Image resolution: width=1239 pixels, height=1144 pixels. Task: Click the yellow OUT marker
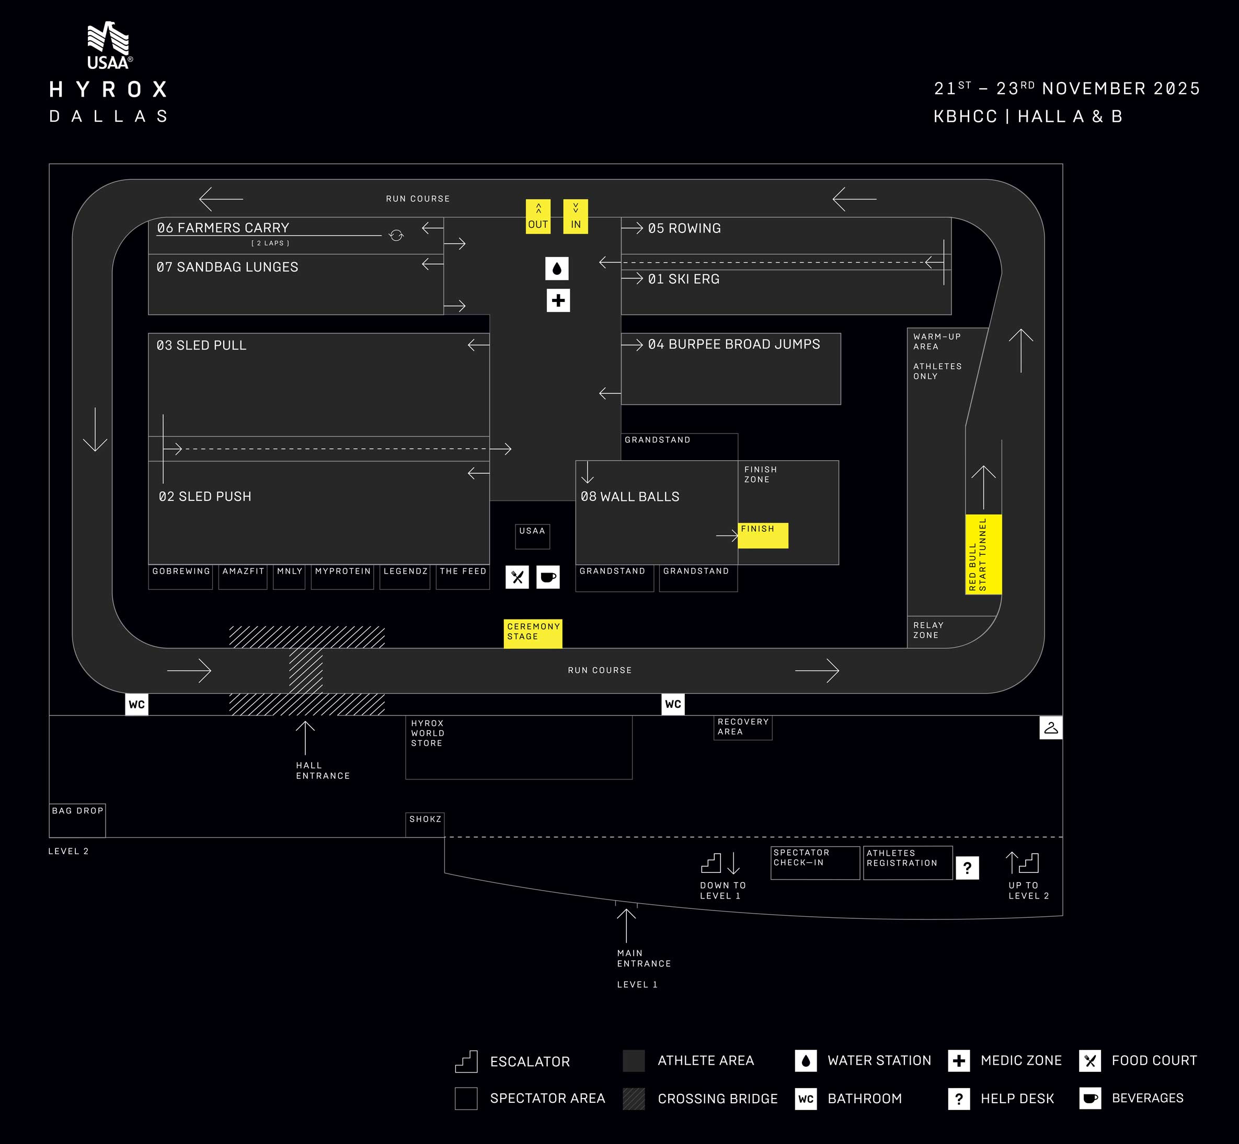tap(538, 217)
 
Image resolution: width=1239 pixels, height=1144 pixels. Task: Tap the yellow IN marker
tap(576, 217)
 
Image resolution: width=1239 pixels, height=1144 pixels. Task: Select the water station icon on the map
tap(557, 269)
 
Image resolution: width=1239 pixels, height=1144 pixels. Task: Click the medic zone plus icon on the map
tap(558, 301)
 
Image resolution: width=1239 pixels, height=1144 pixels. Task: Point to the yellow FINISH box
tap(763, 535)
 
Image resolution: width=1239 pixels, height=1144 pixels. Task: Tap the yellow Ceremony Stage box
tap(533, 633)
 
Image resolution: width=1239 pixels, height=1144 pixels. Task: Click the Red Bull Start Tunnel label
tap(983, 554)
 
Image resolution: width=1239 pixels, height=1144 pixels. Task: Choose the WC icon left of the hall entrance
tap(136, 705)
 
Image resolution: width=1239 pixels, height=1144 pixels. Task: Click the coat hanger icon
tap(1051, 728)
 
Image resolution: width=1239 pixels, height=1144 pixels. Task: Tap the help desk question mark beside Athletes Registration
tap(967, 868)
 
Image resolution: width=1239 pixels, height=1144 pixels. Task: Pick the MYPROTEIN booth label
tap(342, 571)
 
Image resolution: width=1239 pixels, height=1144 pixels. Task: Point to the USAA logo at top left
tap(109, 45)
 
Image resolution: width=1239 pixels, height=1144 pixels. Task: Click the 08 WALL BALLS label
tap(630, 496)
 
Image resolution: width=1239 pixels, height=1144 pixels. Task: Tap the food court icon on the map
tap(517, 577)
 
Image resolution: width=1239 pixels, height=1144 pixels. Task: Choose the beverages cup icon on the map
tap(548, 577)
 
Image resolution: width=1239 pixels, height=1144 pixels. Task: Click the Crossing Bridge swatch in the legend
tap(634, 1099)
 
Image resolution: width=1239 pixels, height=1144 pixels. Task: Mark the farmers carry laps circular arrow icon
tap(396, 235)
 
